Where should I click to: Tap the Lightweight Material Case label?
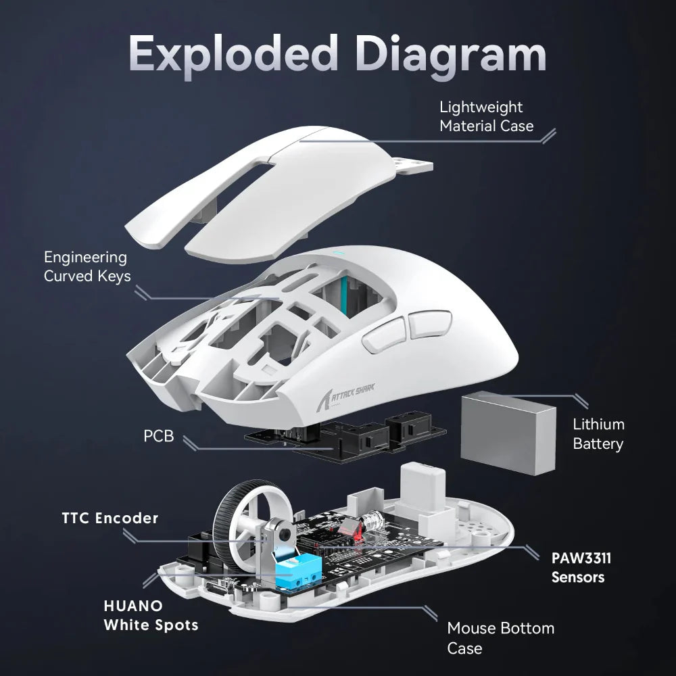click(486, 116)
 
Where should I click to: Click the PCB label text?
click(159, 436)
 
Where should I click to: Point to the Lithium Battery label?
click(598, 434)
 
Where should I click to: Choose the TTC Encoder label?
click(110, 518)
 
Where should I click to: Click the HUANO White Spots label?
click(151, 615)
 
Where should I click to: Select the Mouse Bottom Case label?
click(500, 637)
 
